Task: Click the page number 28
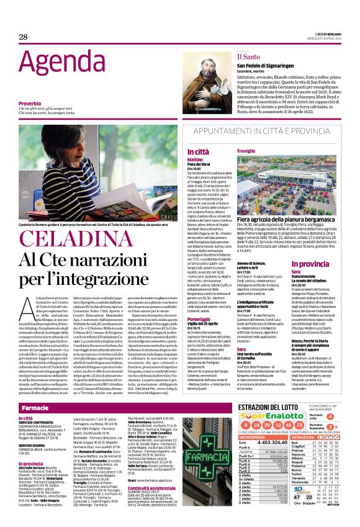[x=23, y=37]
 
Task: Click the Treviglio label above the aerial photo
[x=246, y=151]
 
